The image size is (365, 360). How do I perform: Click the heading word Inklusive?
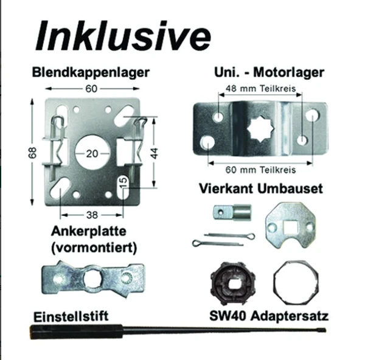(122, 36)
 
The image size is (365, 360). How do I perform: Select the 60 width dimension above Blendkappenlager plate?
(92, 89)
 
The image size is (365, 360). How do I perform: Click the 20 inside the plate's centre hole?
(91, 153)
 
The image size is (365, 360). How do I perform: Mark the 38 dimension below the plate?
(91, 214)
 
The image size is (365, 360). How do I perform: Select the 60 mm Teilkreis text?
(260, 169)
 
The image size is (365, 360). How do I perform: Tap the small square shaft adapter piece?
(231, 212)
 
